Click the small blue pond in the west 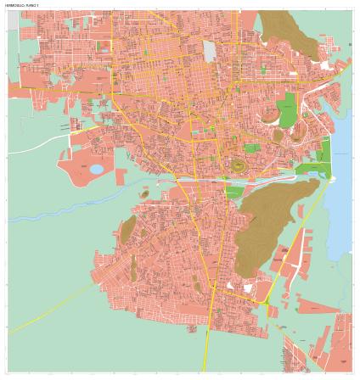click(x=96, y=169)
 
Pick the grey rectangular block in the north click(x=210, y=50)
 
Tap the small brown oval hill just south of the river click(x=144, y=194)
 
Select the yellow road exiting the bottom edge click(x=206, y=356)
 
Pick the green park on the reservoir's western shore click(x=324, y=154)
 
